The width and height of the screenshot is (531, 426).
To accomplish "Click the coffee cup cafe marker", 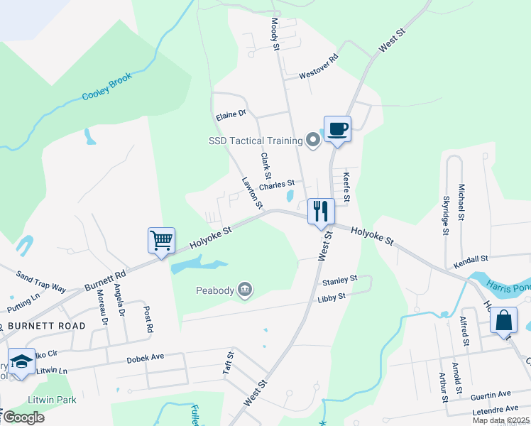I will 338,129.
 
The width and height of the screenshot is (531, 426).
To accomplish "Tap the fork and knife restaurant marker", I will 321,211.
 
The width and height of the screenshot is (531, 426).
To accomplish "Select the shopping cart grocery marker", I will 161,240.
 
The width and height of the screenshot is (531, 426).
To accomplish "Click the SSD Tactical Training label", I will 255,141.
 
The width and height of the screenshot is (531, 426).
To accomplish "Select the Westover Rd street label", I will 317,68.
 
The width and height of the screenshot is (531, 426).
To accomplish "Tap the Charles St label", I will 276,186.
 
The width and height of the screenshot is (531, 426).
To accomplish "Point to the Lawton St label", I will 253,193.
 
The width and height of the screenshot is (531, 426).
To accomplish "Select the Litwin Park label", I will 53,400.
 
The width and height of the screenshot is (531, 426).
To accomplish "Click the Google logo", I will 23,417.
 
